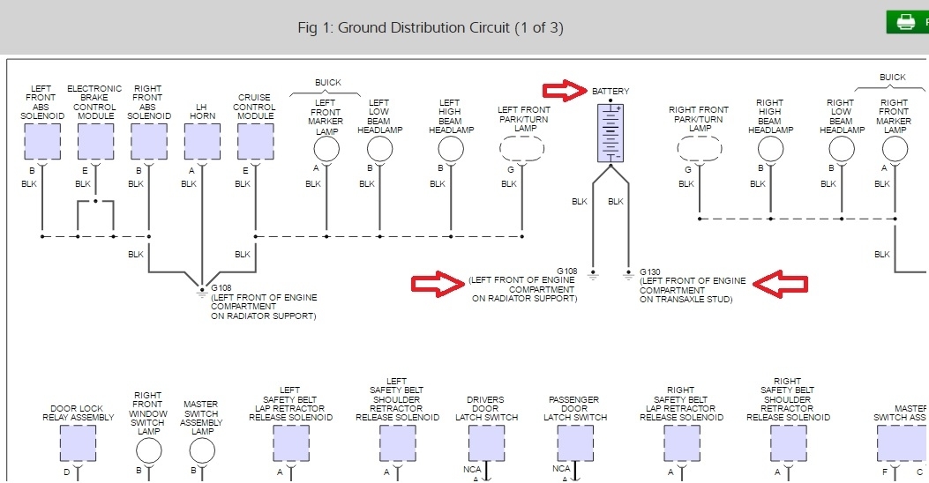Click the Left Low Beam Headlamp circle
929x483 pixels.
tap(379, 149)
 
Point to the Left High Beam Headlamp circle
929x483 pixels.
tap(450, 149)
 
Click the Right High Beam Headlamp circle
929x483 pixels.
tap(770, 149)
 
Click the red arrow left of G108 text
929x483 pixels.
tap(438, 283)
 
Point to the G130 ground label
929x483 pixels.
tap(649, 271)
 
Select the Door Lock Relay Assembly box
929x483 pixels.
tap(78, 442)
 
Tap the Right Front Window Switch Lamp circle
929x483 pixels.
tap(149, 450)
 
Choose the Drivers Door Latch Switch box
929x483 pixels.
tap(486, 442)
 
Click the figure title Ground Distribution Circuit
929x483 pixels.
tap(431, 27)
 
